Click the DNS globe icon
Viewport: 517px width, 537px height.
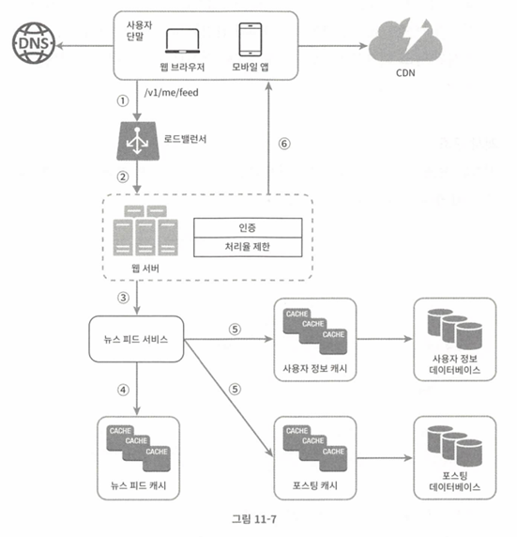tap(34, 43)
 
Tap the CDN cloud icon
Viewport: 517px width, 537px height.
tap(405, 40)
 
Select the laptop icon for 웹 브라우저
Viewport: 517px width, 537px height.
tap(182, 41)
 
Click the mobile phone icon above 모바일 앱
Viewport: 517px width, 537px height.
tap(251, 39)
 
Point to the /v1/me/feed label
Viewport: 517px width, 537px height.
tap(171, 92)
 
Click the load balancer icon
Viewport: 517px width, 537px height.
tap(137, 141)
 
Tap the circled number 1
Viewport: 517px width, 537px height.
tap(123, 100)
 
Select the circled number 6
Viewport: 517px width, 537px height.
tap(284, 144)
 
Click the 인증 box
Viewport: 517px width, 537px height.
tap(248, 227)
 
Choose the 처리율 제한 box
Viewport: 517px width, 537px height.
tap(248, 247)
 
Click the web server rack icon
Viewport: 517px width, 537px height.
tap(145, 231)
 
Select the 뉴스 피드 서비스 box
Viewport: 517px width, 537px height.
tap(136, 339)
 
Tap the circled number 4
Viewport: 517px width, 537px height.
tap(123, 390)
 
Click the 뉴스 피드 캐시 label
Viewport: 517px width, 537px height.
tap(138, 485)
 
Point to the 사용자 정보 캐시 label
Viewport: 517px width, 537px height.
tap(315, 369)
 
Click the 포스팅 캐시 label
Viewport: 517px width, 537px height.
tap(315, 485)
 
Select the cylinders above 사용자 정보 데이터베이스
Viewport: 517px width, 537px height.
tap(455, 329)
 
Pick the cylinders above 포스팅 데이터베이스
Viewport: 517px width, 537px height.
tap(455, 446)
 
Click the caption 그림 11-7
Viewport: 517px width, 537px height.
tap(254, 519)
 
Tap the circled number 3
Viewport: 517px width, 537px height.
tap(123, 298)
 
